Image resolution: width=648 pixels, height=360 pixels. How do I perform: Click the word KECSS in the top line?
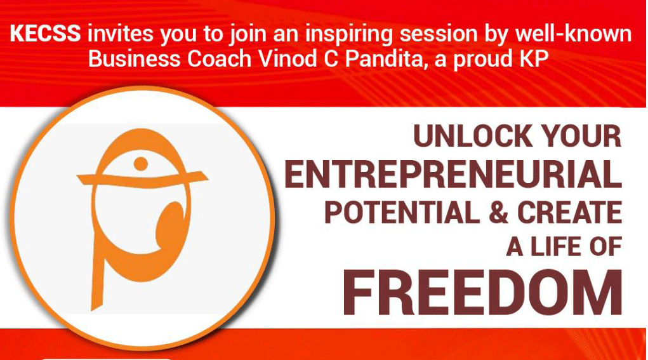46,33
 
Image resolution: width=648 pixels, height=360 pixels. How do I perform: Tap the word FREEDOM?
482,292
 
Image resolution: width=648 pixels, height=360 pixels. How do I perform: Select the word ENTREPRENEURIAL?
453,174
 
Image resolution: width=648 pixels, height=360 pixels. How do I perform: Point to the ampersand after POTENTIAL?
498,212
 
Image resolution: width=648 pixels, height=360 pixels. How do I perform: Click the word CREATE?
569,212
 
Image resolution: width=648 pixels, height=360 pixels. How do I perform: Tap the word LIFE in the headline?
555,246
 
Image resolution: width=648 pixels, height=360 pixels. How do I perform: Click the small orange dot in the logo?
141,164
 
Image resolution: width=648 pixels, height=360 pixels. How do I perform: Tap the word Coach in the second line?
220,58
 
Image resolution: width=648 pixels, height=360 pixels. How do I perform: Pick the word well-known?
573,33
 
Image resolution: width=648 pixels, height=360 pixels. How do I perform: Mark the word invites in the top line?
120,33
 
